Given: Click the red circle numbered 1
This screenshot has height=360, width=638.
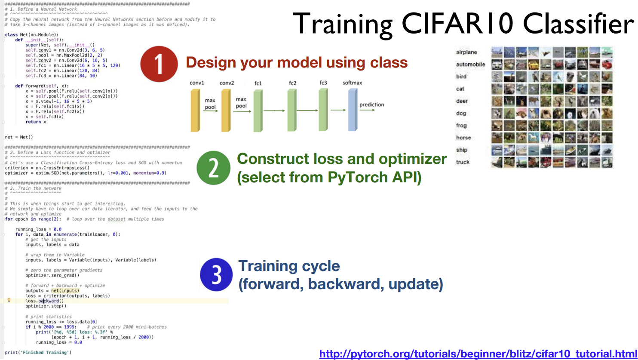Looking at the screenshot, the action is click(x=159, y=64).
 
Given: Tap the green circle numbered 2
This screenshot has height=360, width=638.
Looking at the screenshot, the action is click(x=213, y=168).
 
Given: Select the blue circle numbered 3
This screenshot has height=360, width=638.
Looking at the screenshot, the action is click(x=216, y=274).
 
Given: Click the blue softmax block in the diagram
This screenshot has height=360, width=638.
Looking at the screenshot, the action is click(x=353, y=110).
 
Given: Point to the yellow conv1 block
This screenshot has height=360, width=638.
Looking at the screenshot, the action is click(x=195, y=110).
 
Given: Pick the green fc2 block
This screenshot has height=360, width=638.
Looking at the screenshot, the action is click(x=291, y=110).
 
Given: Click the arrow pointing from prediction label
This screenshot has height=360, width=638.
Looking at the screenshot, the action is click(x=367, y=110).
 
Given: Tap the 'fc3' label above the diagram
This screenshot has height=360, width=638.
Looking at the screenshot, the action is click(x=323, y=83).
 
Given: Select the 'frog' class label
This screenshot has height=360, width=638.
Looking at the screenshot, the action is click(x=461, y=126).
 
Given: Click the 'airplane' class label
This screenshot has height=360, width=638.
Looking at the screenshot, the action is click(x=466, y=52).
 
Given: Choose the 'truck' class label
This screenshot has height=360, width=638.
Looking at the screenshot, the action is click(x=463, y=162).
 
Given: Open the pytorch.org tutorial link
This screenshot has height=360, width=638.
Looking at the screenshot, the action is click(x=478, y=354).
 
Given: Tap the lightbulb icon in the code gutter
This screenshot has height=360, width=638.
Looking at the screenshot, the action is click(x=9, y=300).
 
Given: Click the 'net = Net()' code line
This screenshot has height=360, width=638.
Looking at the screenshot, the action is click(x=19, y=137).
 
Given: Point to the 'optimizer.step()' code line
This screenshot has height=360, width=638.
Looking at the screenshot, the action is click(x=46, y=306).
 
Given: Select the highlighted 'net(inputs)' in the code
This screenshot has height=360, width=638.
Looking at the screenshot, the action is click(x=65, y=291).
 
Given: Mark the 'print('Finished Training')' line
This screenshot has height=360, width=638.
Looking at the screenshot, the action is click(x=38, y=353).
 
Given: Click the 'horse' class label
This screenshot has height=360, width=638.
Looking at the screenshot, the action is click(x=463, y=138).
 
